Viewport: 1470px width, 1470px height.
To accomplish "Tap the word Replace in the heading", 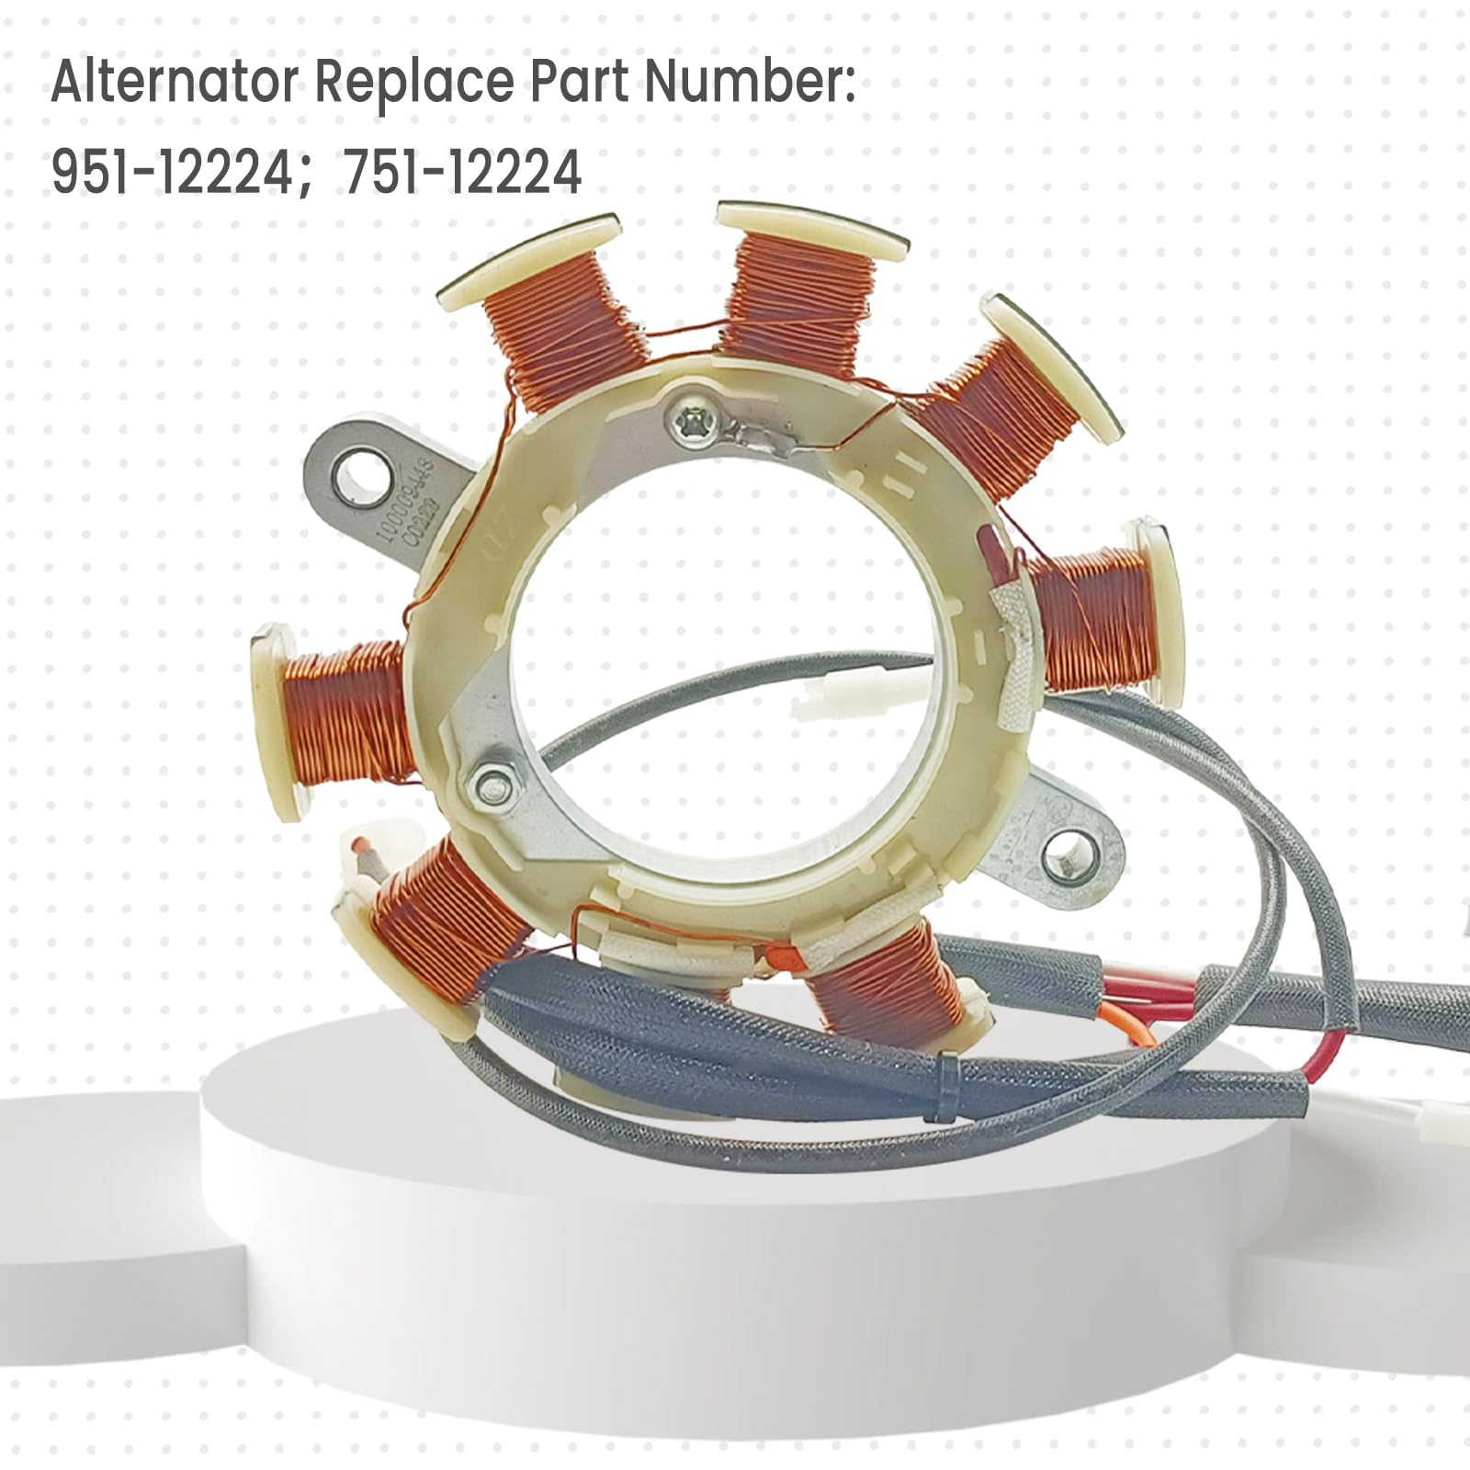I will pos(414,83).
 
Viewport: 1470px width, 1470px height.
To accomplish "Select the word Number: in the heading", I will pos(750,83).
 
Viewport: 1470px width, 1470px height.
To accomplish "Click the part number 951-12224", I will pos(171,172).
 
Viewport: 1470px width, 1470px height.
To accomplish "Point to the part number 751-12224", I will pos(463,172).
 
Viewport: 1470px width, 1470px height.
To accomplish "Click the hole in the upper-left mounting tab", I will pos(354,479).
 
